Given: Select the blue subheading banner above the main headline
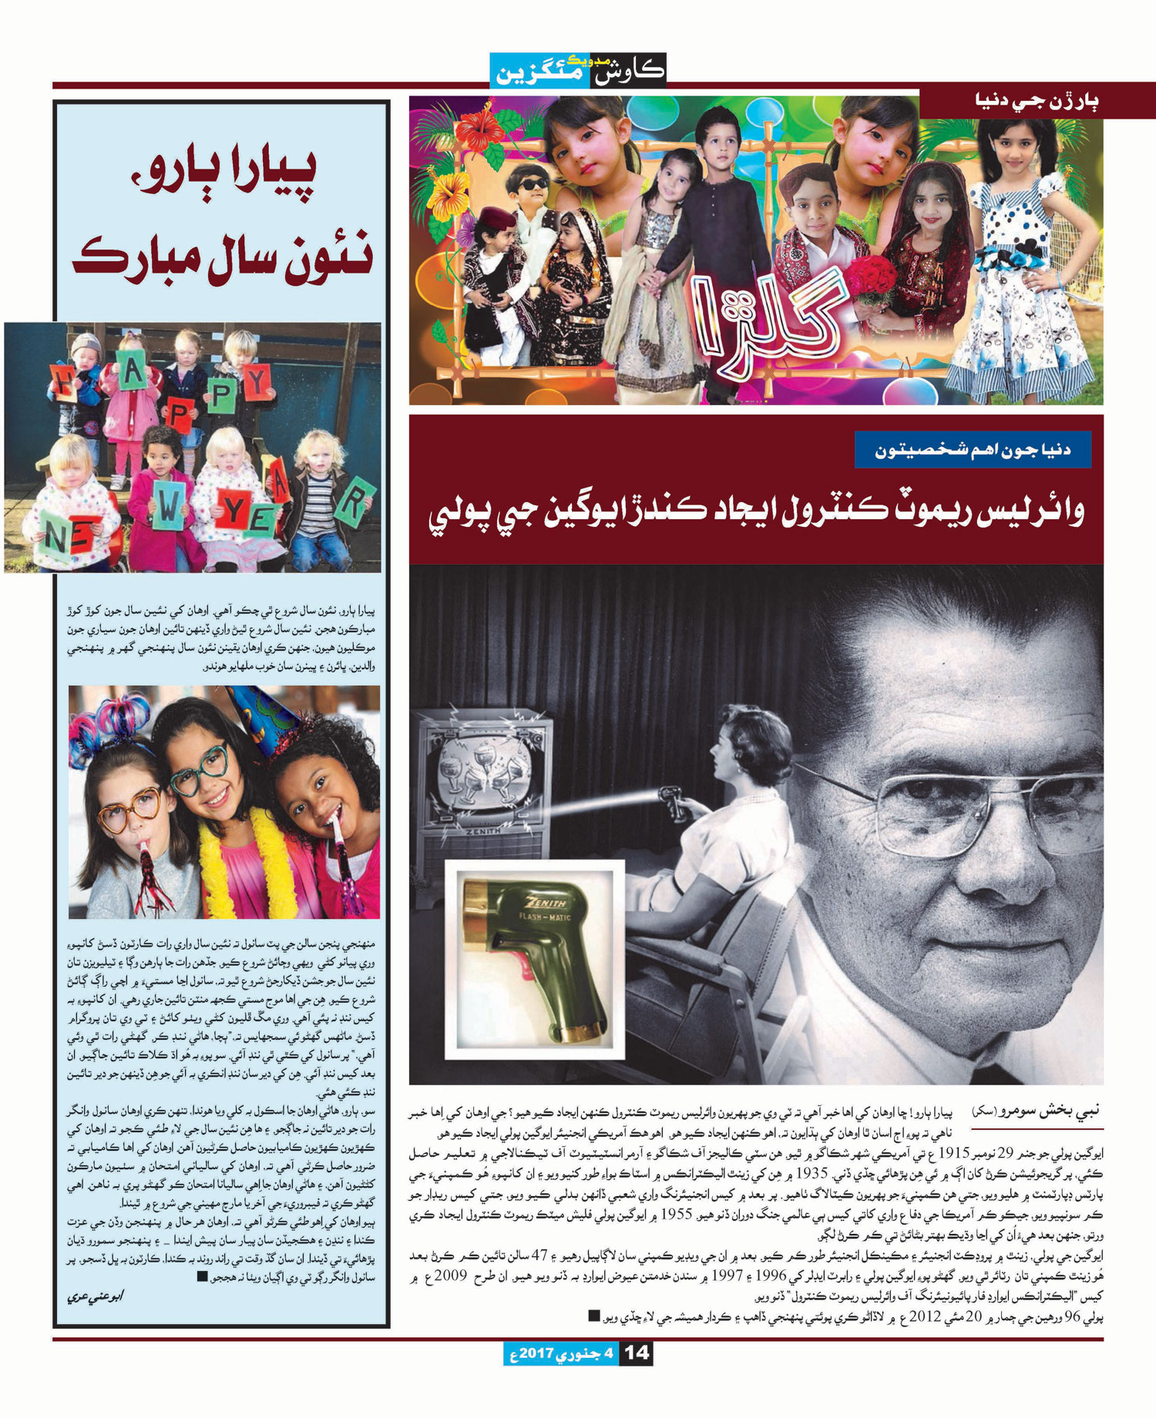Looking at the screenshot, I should pyautogui.click(x=973, y=450).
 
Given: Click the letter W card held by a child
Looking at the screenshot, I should pyautogui.click(x=169, y=508).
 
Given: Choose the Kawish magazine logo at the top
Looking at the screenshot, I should pyautogui.click(x=577, y=70).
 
